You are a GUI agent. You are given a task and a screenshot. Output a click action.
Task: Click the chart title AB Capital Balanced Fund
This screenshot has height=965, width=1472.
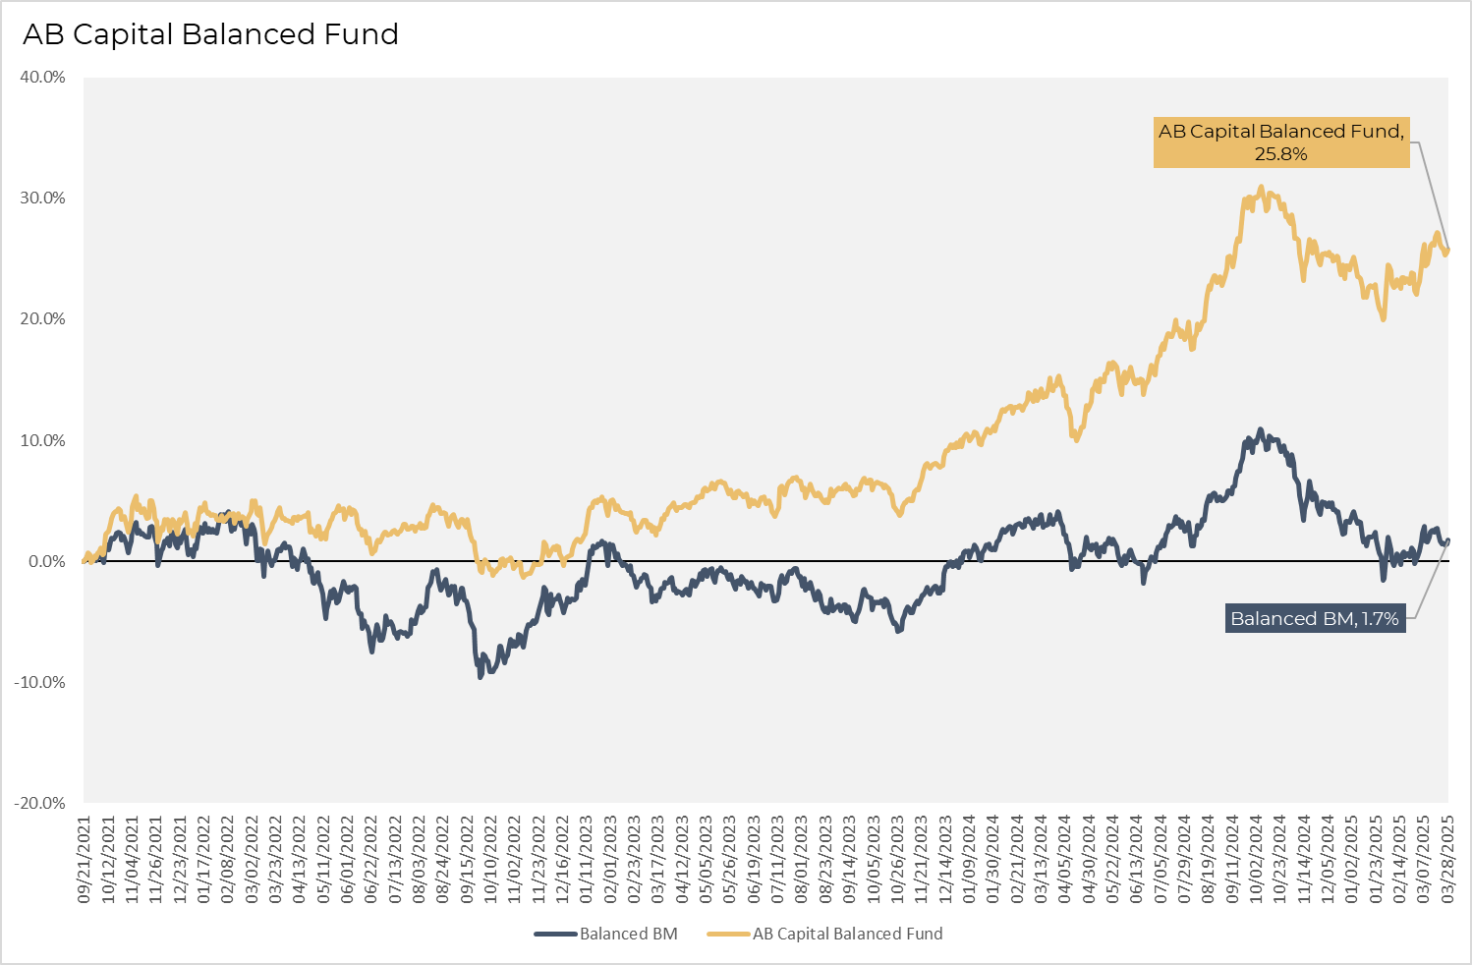(210, 34)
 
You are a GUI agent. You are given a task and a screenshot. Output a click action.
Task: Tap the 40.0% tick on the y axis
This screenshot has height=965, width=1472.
(42, 78)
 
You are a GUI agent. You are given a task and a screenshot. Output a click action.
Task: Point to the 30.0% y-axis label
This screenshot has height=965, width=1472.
(42, 199)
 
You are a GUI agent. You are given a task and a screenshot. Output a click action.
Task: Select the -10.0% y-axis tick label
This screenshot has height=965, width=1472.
(40, 683)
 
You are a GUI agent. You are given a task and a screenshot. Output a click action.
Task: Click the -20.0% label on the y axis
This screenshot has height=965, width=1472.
(40, 804)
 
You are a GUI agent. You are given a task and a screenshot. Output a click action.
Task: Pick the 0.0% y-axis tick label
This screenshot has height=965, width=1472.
(46, 562)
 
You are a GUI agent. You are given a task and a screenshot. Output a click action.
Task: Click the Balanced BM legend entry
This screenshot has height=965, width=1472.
(606, 934)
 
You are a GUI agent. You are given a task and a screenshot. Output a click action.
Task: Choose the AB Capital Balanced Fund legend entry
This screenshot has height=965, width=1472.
(825, 934)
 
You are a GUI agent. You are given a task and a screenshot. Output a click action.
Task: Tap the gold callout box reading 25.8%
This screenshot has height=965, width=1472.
(1280, 142)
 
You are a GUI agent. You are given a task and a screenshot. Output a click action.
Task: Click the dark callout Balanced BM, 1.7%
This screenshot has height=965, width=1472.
(1315, 619)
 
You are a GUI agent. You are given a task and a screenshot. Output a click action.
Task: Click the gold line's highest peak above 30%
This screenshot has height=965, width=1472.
(1261, 188)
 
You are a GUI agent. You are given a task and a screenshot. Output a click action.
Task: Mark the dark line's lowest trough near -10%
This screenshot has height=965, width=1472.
(481, 676)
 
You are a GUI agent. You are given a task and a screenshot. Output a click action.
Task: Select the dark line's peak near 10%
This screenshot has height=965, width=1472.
(1261, 430)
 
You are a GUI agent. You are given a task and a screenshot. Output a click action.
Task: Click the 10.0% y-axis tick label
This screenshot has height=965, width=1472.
(42, 441)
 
